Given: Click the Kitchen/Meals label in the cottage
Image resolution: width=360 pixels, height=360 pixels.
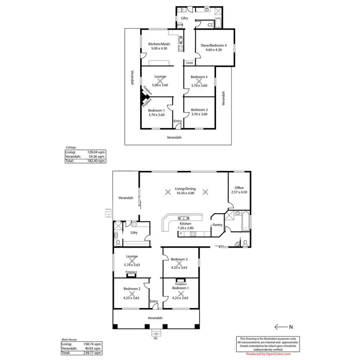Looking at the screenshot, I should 160,44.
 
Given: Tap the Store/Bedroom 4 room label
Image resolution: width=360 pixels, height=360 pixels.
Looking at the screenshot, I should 213,46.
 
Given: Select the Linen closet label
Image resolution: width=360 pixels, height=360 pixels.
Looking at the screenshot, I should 190,63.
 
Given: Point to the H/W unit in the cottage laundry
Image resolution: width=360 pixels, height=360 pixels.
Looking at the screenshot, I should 180,24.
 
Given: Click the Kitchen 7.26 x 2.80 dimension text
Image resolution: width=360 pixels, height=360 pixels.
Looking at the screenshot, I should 186,228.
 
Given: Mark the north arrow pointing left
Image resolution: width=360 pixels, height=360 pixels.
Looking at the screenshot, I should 281,326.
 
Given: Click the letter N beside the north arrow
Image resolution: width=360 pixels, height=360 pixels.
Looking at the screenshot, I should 291,326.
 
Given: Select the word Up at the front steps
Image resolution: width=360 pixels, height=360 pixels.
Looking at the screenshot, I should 155,338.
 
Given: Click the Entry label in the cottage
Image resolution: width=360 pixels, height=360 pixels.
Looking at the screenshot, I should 178,121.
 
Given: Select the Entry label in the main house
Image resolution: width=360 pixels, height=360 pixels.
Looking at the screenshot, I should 154,301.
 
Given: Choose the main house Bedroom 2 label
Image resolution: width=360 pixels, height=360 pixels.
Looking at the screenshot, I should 132,289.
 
